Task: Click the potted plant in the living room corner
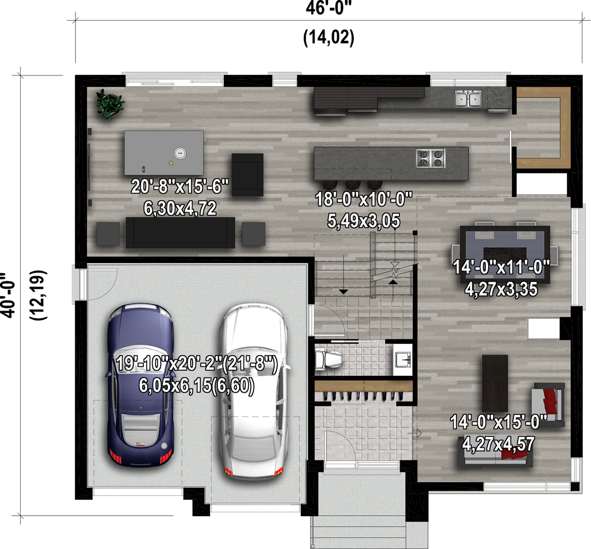[109, 103]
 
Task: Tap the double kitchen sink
[468, 98]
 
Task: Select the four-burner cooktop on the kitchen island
[431, 158]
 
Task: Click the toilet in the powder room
[328, 359]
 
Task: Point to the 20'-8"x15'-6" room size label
[180, 186]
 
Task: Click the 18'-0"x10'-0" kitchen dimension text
[364, 199]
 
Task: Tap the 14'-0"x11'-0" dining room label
[501, 267]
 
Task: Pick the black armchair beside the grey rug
[247, 175]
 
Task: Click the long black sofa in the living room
[180, 232]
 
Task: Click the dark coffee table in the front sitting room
[495, 383]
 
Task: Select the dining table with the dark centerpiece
[505, 253]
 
